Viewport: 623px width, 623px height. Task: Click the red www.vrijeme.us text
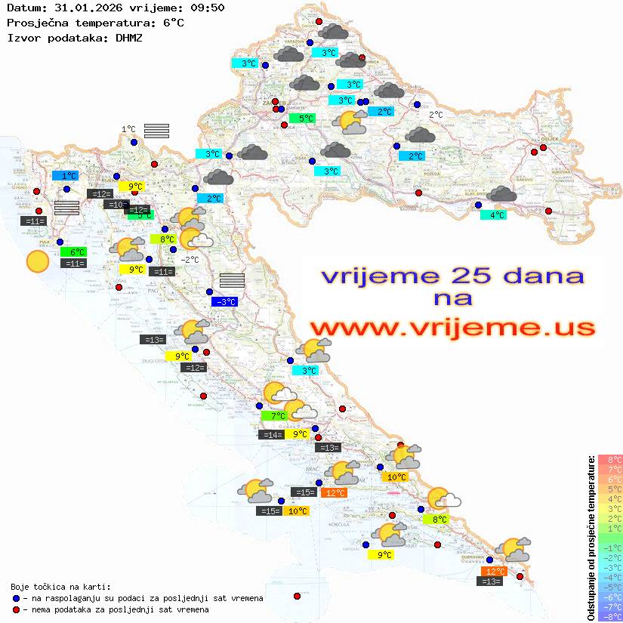tap(452, 328)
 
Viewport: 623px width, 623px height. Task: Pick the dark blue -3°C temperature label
tap(225, 302)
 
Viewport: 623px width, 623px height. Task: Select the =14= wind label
tap(272, 434)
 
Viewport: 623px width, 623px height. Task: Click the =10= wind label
tap(116, 205)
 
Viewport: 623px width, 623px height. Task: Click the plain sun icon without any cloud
tap(37, 262)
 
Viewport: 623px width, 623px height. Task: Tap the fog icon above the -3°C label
tap(232, 280)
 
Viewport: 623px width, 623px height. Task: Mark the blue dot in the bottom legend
tap(17, 598)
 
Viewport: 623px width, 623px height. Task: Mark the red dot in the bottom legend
tap(17, 609)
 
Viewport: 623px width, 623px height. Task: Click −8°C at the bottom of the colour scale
tap(610, 616)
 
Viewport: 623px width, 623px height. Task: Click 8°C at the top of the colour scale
tap(610, 459)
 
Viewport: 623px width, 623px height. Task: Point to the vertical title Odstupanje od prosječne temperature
tap(591, 537)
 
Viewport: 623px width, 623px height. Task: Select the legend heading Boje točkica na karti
tap(60, 586)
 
